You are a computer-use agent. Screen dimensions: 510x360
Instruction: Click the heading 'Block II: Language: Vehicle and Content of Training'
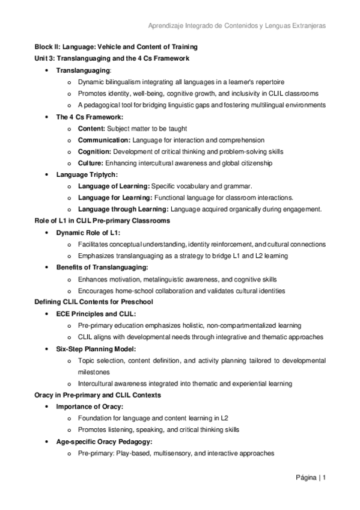click(x=115, y=47)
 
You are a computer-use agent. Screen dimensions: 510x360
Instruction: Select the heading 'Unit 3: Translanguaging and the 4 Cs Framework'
click(x=112, y=58)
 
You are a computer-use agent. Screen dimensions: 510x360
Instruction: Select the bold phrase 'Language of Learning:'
click(x=114, y=186)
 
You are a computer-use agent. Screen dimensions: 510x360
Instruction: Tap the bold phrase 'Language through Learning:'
click(x=123, y=209)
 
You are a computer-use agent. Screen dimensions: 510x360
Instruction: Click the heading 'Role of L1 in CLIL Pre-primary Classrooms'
click(x=102, y=221)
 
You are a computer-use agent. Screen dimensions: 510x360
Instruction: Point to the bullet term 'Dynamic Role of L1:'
click(x=88, y=233)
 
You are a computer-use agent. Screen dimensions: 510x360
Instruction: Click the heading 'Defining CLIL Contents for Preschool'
click(x=93, y=302)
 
